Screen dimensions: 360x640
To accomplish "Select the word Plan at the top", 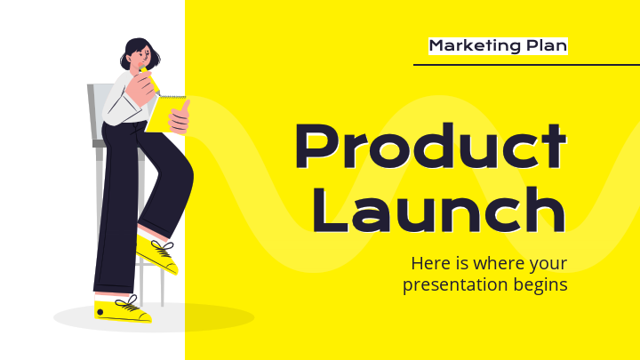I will (544, 45).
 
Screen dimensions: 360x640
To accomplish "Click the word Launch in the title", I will (438, 212).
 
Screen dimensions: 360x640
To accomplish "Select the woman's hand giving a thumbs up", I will (180, 116).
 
